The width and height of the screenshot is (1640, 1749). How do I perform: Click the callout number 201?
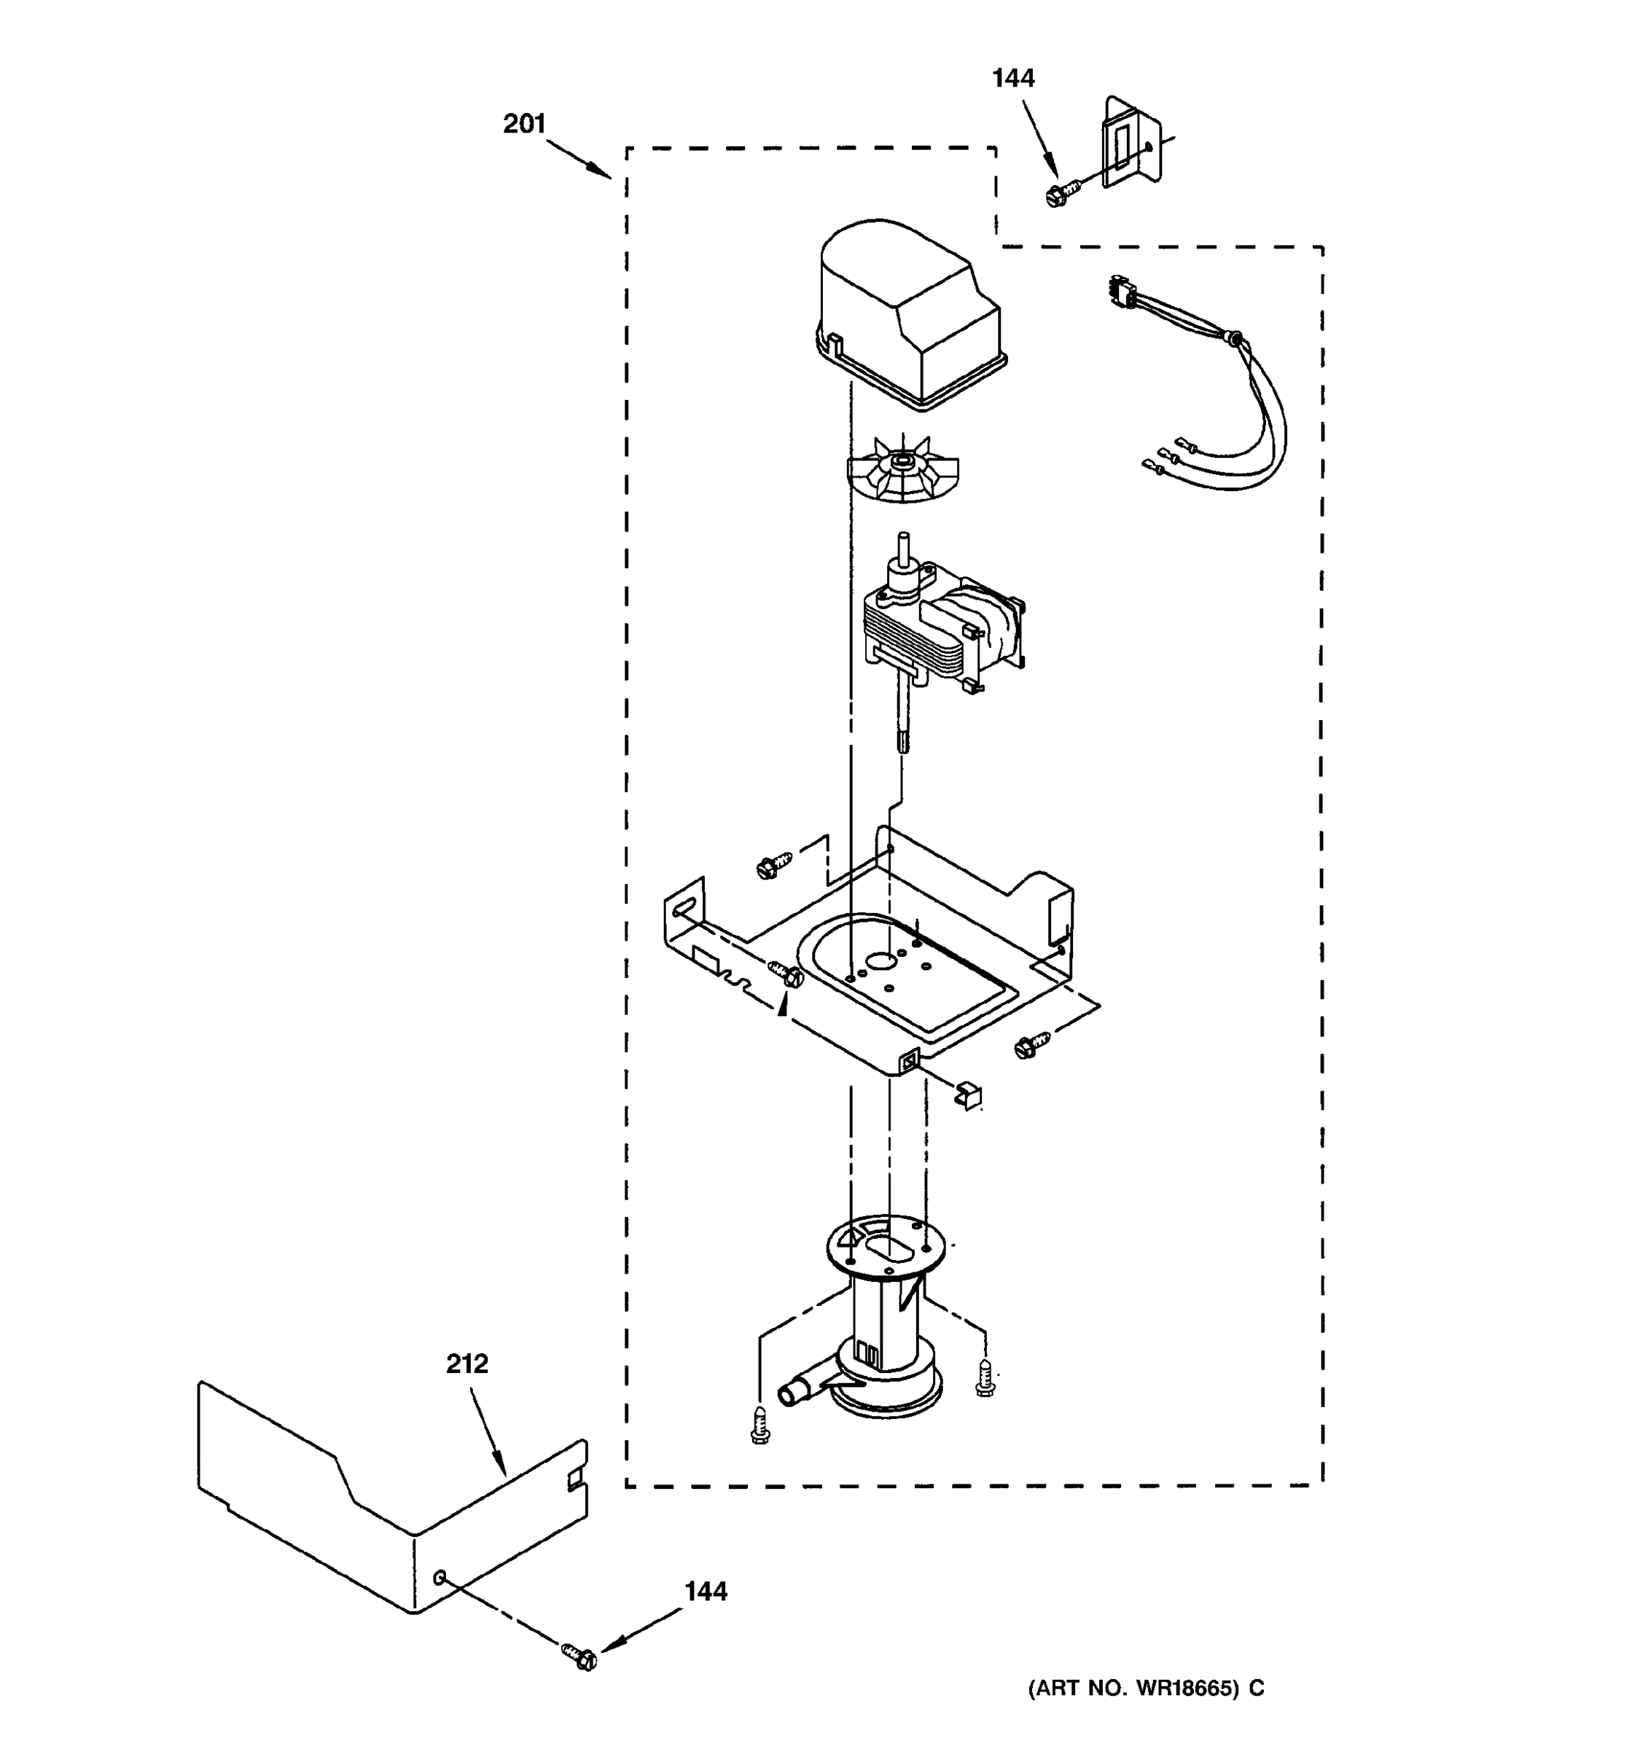[x=524, y=124]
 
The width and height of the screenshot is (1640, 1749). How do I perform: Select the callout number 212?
[x=466, y=1363]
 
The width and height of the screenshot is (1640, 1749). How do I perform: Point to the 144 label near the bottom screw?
[x=706, y=1592]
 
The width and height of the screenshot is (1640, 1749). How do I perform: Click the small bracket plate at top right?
[x=1131, y=144]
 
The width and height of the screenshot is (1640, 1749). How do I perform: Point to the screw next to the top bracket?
[x=1061, y=191]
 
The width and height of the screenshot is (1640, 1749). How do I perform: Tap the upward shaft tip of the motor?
[x=902, y=541]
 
